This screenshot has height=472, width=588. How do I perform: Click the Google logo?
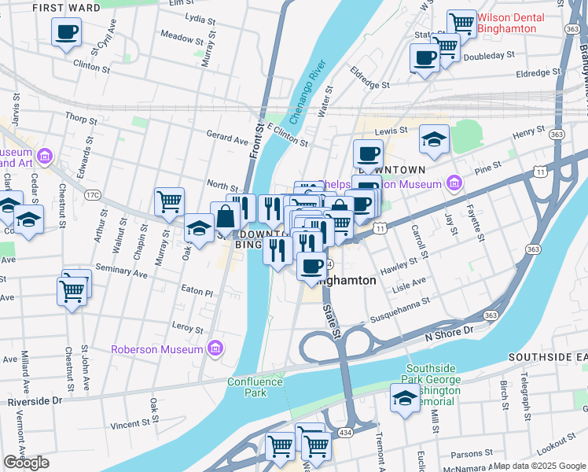(x=26, y=462)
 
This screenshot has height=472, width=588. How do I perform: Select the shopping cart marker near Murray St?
(x=169, y=202)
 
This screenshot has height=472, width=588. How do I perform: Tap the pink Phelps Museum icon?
(x=454, y=184)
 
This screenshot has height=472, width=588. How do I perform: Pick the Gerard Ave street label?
(x=227, y=135)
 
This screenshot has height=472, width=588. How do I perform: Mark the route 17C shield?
(x=93, y=194)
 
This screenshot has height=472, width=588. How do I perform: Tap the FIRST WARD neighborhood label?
(x=67, y=8)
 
